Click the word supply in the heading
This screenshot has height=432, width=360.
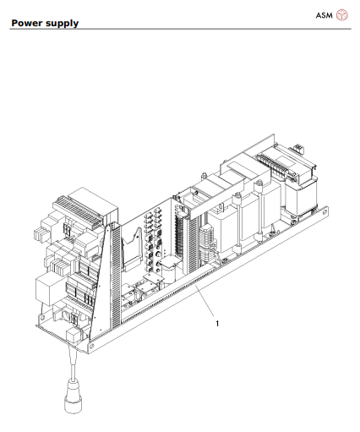[x=63, y=24]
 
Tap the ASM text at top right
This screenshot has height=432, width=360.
[x=324, y=14]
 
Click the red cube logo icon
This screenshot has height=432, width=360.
[x=342, y=14]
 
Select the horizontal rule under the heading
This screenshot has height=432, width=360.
[x=180, y=30]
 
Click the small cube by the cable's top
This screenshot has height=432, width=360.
[x=74, y=336]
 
